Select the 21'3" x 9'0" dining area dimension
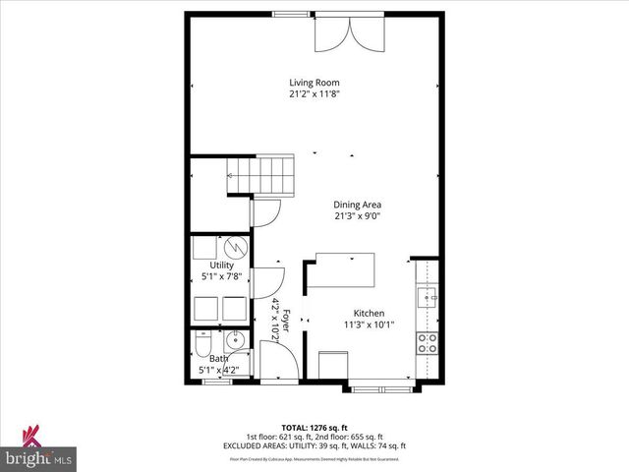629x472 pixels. (x=358, y=216)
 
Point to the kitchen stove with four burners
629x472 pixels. (x=428, y=343)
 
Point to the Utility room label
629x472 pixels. (x=221, y=265)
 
